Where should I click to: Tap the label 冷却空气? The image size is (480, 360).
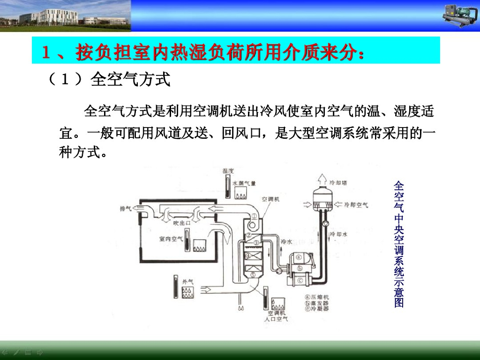coord(356,205)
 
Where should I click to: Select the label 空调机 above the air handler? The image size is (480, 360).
coord(270,199)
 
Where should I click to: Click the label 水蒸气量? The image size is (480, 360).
coord(244,183)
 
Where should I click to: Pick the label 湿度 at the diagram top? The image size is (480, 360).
coord(228,171)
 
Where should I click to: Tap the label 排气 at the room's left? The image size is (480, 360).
coord(126,209)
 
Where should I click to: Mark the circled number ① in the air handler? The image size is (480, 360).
coord(253,216)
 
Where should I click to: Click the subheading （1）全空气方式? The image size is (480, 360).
coord(108,79)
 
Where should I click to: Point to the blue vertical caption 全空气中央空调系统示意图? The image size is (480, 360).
coord(398,244)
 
